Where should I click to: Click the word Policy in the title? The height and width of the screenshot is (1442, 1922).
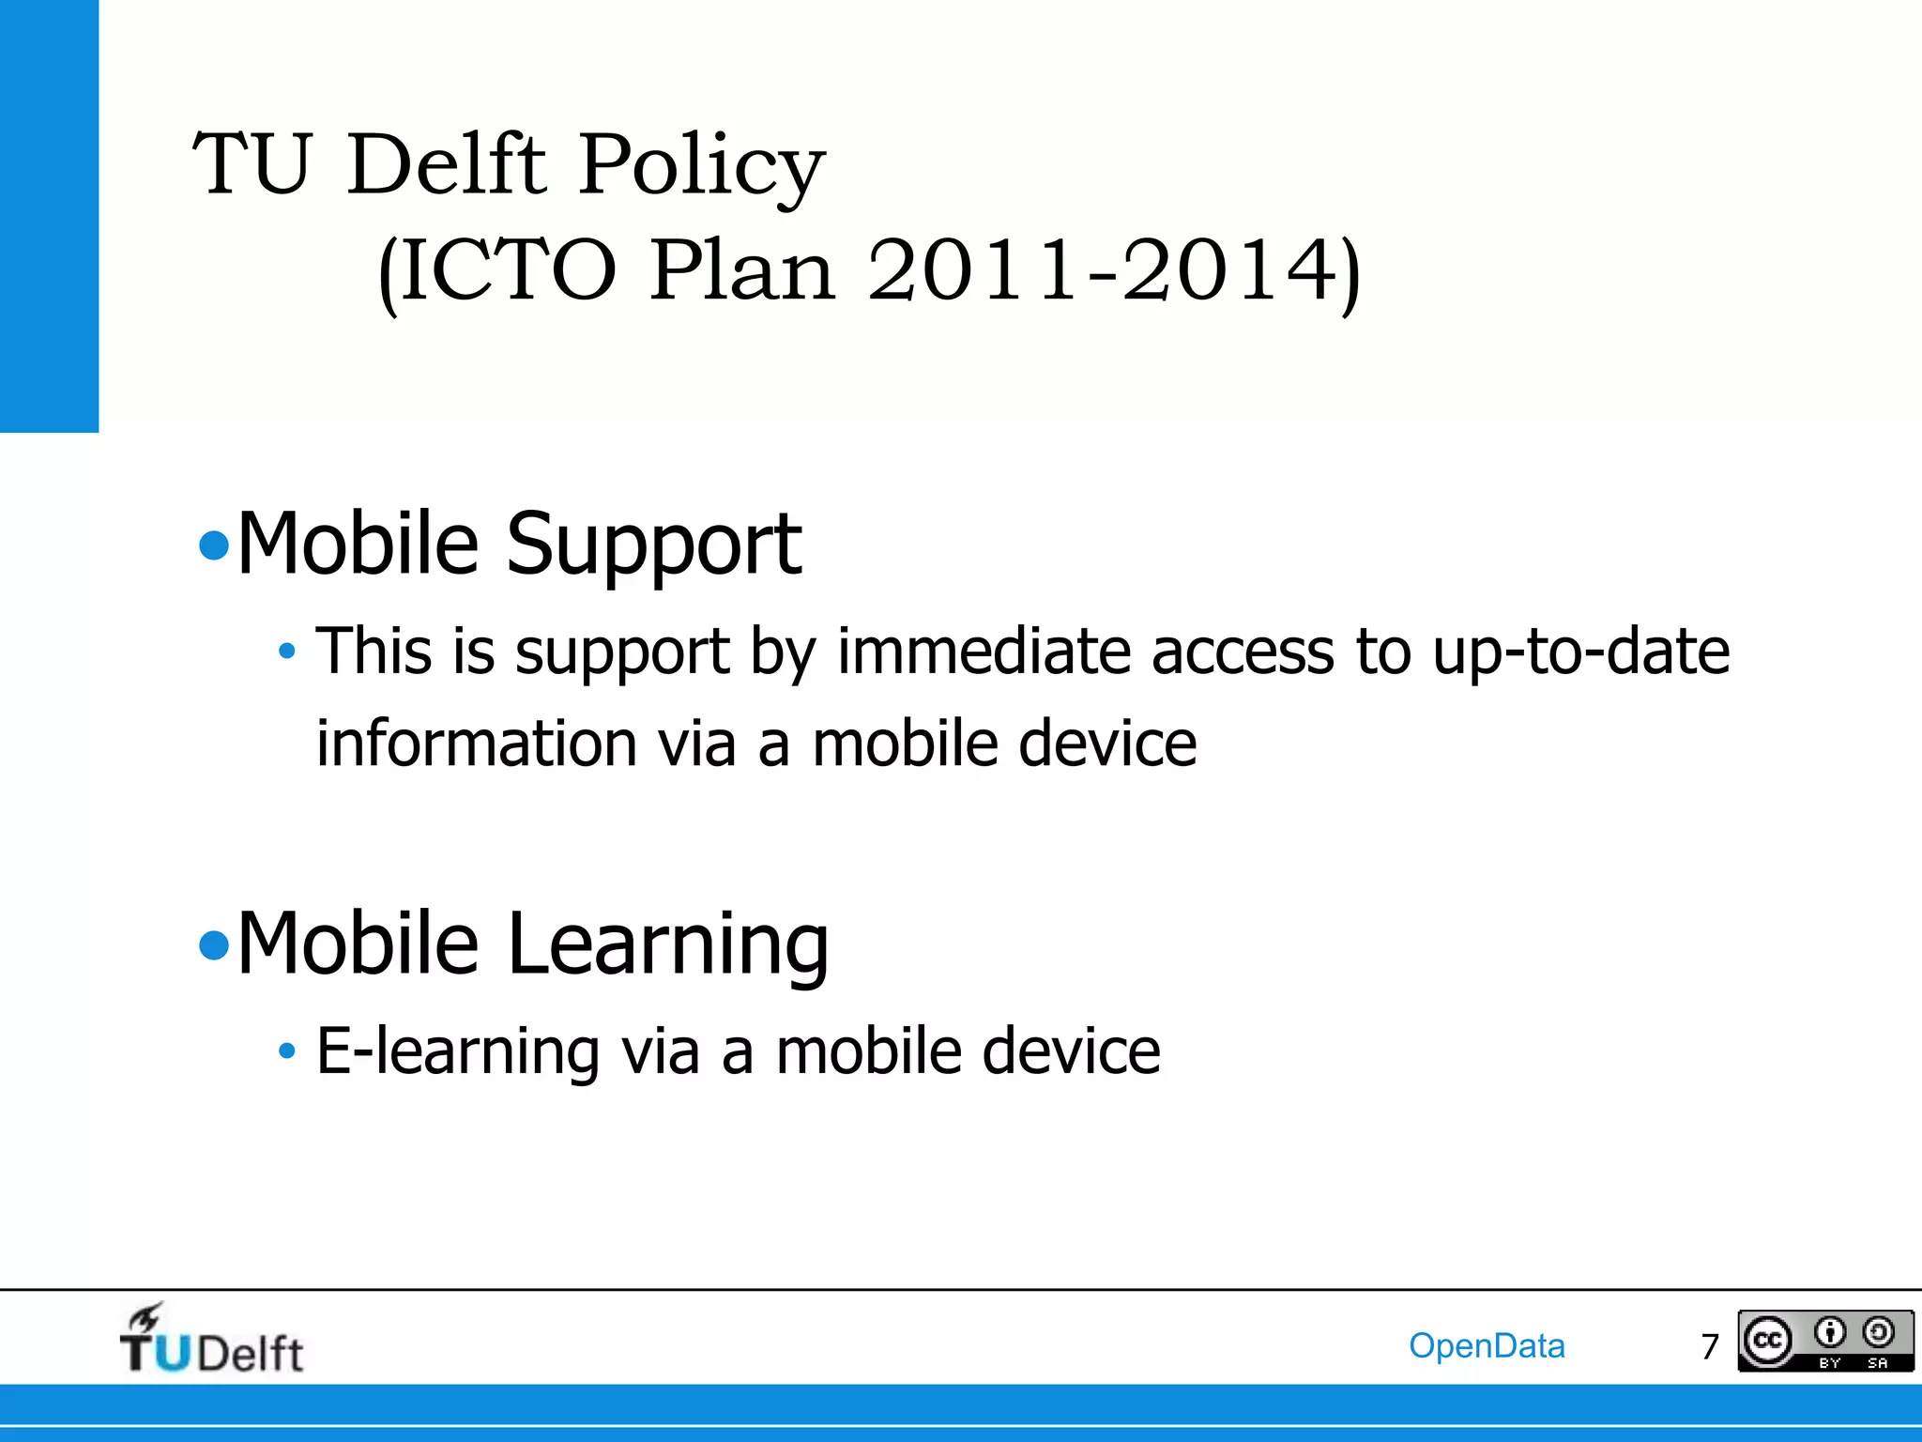point(701,166)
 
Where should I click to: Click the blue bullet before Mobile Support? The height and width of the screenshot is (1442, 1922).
point(215,545)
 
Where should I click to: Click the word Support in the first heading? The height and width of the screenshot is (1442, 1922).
point(654,545)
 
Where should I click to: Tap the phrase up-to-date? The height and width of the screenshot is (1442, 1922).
point(1580,651)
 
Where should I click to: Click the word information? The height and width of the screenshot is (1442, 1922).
point(477,743)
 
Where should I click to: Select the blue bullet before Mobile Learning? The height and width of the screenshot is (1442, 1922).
point(215,945)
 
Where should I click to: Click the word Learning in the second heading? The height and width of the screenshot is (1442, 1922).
point(668,943)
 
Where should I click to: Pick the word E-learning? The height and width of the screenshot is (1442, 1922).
point(458,1051)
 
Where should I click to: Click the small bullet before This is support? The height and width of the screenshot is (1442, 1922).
point(287,651)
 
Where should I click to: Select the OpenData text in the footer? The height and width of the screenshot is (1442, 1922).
point(1487,1345)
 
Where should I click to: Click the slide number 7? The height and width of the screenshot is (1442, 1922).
point(1709,1347)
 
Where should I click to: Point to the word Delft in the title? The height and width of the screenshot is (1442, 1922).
point(445,166)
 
